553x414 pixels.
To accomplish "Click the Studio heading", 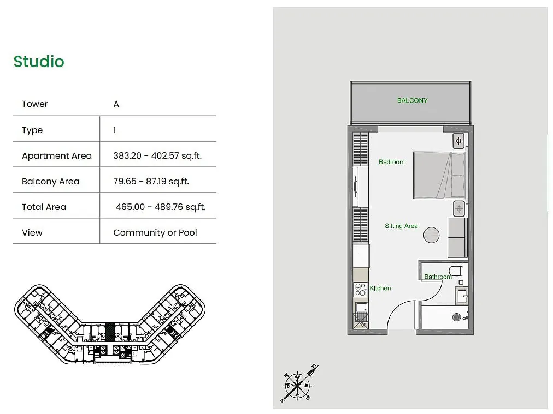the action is coord(39,62).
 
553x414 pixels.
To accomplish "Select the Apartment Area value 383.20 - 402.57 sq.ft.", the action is coord(157,155).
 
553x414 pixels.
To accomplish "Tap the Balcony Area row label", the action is coord(50,181).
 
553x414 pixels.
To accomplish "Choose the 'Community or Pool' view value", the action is coord(155,232).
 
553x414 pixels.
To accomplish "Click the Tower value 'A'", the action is coord(116,104).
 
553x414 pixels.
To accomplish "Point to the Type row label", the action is coord(32,130).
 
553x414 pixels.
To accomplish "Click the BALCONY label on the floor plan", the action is coord(412,101).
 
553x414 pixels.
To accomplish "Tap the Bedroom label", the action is coord(391,162).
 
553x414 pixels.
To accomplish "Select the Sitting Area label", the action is coord(401,226).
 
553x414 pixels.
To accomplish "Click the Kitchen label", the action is coord(380,288).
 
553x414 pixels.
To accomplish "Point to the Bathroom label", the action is coord(438,277).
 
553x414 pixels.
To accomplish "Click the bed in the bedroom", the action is coord(439,175).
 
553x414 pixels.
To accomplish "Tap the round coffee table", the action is coord(431,235).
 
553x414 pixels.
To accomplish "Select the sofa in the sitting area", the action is coord(457,238).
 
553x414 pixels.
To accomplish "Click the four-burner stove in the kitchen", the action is coord(361,290).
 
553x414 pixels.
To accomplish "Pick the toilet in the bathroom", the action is coord(456,272).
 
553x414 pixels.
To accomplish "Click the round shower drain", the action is coord(456,317).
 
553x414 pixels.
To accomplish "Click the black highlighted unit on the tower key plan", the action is coord(110,332).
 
